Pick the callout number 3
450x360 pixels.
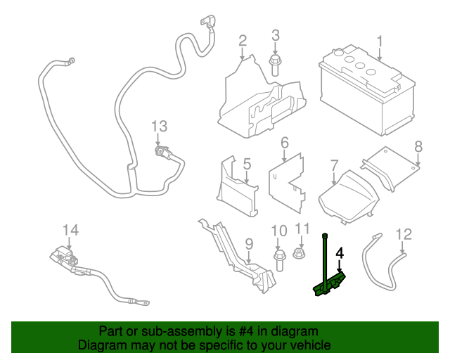275,35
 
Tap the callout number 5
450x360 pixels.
247,164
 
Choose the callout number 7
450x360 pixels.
334,166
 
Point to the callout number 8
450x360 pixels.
418,146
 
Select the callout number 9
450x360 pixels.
248,243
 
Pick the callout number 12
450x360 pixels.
404,234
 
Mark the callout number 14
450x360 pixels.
71,230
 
